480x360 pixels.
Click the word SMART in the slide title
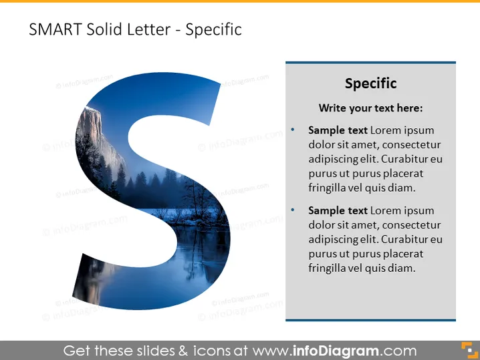[x=55, y=29]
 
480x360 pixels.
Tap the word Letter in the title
[x=148, y=29]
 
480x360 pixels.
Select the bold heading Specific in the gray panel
[x=371, y=83]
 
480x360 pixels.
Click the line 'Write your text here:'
[x=371, y=108]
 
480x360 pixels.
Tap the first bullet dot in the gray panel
[x=293, y=130]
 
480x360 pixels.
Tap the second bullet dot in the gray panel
[x=293, y=210]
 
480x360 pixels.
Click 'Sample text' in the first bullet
[x=338, y=130]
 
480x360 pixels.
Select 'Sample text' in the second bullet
[x=338, y=211]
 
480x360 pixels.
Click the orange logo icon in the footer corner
[x=469, y=350]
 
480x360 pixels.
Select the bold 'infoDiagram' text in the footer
[x=336, y=351]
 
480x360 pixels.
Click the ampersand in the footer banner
[x=183, y=351]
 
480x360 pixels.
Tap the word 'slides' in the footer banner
[x=156, y=351]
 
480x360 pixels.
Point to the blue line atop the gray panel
[x=371, y=63]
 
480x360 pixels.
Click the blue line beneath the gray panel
[x=371, y=320]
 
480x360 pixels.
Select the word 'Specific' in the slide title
[x=214, y=30]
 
